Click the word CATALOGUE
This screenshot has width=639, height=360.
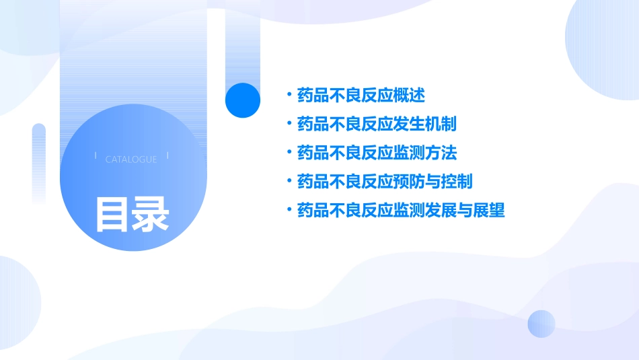point(131,159)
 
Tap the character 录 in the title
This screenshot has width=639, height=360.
point(151,214)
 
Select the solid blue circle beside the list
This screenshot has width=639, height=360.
point(242,100)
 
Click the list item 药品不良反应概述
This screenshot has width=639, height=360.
point(361,96)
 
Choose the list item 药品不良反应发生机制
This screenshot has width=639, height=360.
point(377,124)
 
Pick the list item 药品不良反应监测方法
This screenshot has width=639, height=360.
point(377,153)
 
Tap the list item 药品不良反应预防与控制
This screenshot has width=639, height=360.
point(384,182)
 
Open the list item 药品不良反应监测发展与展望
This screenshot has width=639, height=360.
point(400,211)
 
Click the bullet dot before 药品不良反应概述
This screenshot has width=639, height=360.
point(289,96)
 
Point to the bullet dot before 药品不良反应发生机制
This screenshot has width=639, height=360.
point(289,124)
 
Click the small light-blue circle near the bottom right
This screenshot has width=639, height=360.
point(541,324)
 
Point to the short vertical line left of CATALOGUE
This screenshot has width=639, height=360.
point(96,156)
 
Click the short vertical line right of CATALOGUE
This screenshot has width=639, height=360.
point(167,156)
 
